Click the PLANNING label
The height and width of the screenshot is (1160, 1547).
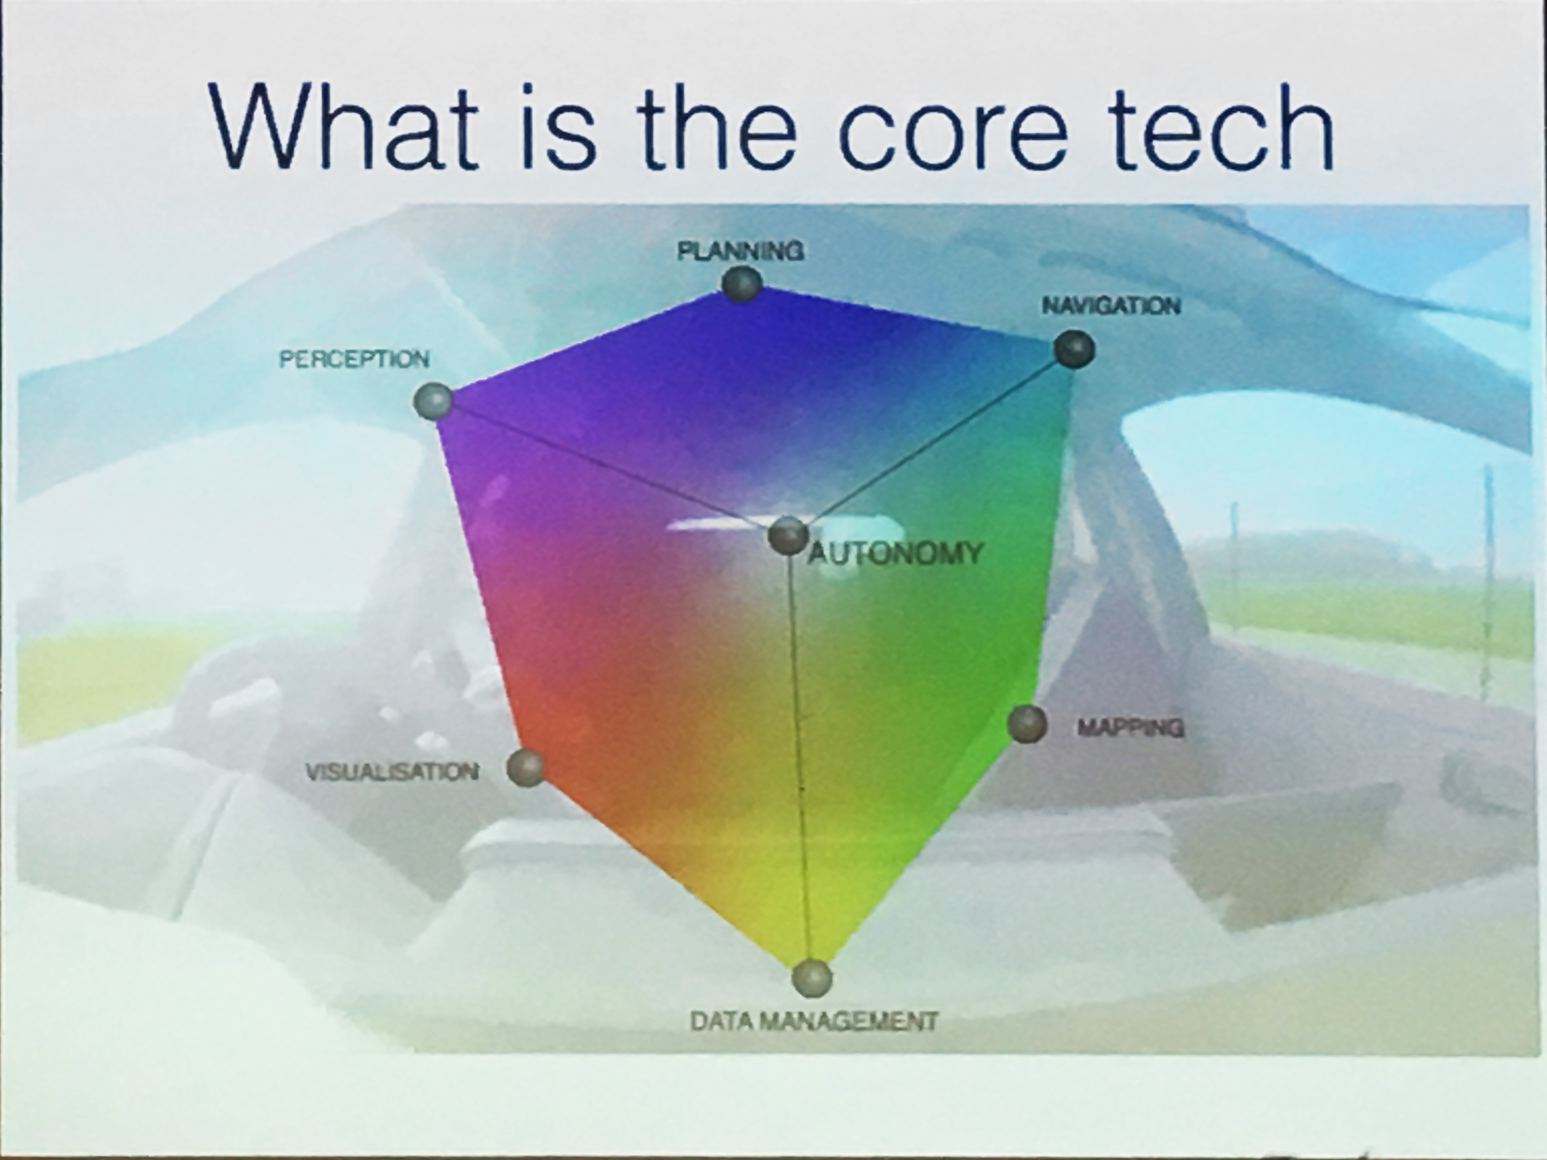(741, 251)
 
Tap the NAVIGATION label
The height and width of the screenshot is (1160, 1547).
(1111, 306)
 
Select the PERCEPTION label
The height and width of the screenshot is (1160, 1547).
(354, 359)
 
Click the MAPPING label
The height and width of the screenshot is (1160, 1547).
(1131, 728)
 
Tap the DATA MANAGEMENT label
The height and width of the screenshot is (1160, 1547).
(813, 1022)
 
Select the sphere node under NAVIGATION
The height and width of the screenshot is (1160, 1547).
(1074, 349)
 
